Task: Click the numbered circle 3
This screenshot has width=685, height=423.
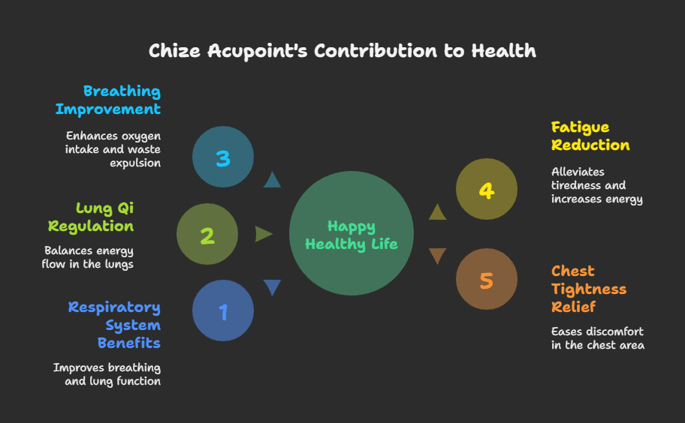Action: [x=223, y=157]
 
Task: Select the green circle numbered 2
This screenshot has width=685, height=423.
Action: [x=207, y=235]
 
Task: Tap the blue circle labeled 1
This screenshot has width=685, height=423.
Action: [x=223, y=311]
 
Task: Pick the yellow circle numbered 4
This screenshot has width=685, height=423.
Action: [x=487, y=190]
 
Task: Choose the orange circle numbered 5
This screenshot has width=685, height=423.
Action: [x=487, y=280]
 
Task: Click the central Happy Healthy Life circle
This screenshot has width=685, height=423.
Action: [x=352, y=235]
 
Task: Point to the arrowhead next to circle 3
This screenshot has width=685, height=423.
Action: [x=272, y=179]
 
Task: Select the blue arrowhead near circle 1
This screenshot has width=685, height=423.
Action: [x=272, y=288]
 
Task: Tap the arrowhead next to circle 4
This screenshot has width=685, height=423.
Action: [x=437, y=212]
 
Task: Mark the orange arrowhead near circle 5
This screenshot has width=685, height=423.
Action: [x=437, y=256]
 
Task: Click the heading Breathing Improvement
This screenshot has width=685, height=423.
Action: [x=108, y=100]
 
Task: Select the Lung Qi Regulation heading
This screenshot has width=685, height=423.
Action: [x=91, y=217]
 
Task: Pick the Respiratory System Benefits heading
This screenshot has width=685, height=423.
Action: [x=114, y=325]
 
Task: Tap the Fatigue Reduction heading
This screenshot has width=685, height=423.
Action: [x=590, y=136]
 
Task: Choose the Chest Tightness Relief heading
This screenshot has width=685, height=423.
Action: [x=589, y=289]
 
